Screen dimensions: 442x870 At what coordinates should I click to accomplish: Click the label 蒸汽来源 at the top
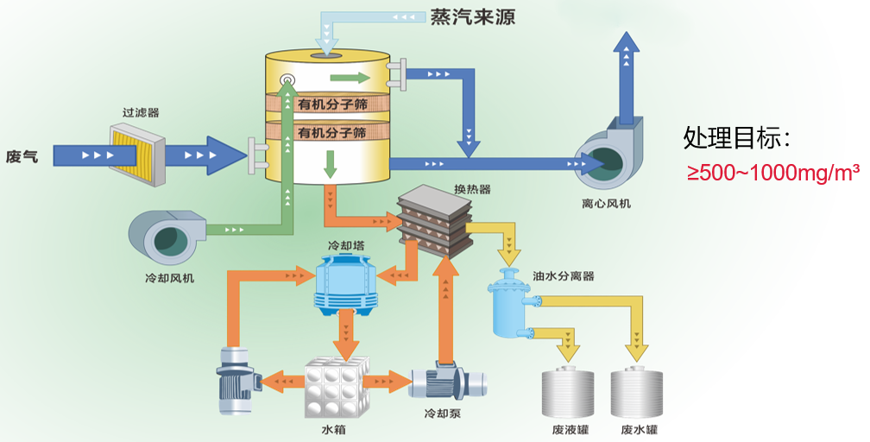(472, 17)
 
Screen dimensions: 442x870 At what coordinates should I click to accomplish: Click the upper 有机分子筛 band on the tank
(332, 104)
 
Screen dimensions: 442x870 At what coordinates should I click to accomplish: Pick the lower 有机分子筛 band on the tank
(332, 133)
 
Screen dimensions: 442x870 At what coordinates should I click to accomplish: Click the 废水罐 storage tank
(639, 393)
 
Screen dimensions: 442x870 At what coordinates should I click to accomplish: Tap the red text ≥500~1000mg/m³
(772, 173)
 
